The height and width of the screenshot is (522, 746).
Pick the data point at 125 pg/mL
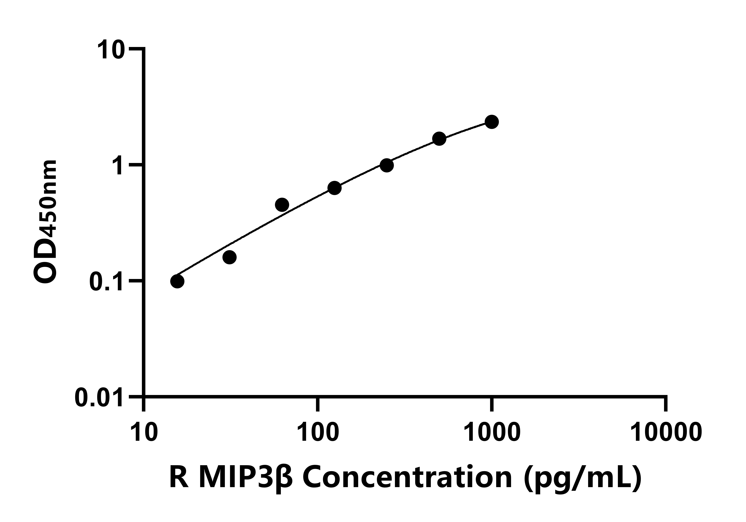(334, 188)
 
